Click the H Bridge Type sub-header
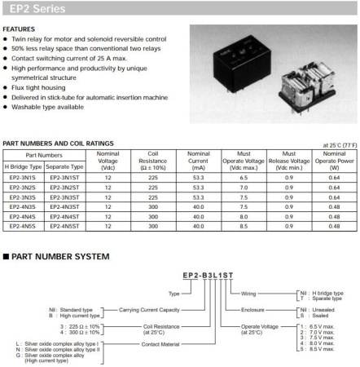pos(22,166)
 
